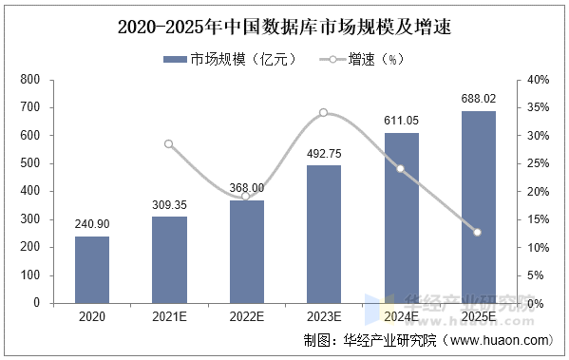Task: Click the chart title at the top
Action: (x=284, y=28)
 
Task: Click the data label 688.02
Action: (x=478, y=99)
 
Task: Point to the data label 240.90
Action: (x=92, y=224)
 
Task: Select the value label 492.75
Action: (x=324, y=154)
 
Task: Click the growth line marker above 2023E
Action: (x=324, y=113)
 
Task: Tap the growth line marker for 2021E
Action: (x=169, y=144)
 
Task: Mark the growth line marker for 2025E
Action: (x=478, y=232)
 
